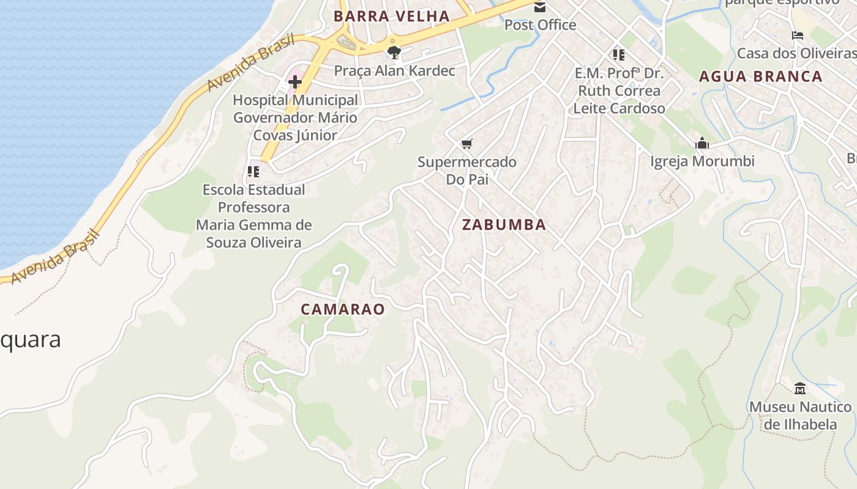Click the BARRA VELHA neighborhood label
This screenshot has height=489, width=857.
pos(392,17)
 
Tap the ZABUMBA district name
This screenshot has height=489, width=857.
pos(504,225)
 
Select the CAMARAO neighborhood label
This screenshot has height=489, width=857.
pos(343,309)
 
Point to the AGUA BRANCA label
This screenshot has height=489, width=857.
pos(760,76)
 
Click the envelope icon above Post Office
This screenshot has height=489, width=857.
pos(540,7)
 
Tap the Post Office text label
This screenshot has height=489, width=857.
pos(540,25)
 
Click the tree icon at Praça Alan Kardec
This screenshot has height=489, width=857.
pos(394,53)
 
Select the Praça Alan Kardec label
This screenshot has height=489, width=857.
pos(394,71)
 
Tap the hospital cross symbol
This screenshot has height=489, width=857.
pos(295,82)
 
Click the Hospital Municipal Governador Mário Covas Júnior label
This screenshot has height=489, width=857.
pos(295,117)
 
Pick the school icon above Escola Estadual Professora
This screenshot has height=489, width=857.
pos(253,172)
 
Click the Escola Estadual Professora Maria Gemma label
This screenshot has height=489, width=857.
pos(253,216)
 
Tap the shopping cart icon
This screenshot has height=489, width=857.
pos(467,144)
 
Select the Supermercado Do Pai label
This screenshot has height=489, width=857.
pos(467,171)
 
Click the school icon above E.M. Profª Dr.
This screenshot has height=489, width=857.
pos(619,55)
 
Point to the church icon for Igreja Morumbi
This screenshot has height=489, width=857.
pos(702,144)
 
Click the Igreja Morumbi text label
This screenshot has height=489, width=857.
pos(702,161)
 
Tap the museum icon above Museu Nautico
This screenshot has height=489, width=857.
pos(799,389)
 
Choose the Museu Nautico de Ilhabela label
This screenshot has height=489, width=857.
pos(799,415)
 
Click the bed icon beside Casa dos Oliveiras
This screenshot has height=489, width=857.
pos(797,35)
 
